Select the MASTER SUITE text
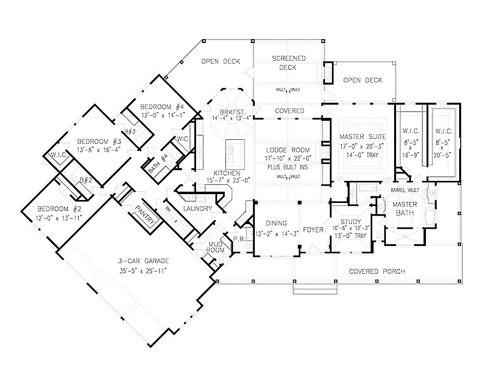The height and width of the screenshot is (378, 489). tap(363, 136)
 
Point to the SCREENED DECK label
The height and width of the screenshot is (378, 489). tap(288, 63)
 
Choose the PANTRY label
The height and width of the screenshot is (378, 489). tap(147, 215)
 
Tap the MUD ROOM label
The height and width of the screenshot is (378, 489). tap(217, 246)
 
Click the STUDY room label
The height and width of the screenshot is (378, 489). tap(351, 222)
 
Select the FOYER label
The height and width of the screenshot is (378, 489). tap(313, 229)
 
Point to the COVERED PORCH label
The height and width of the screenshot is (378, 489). tap(377, 271)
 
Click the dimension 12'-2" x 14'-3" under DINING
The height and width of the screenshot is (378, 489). tap(277, 233)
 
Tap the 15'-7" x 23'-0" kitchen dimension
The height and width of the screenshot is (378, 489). tap(226, 180)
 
